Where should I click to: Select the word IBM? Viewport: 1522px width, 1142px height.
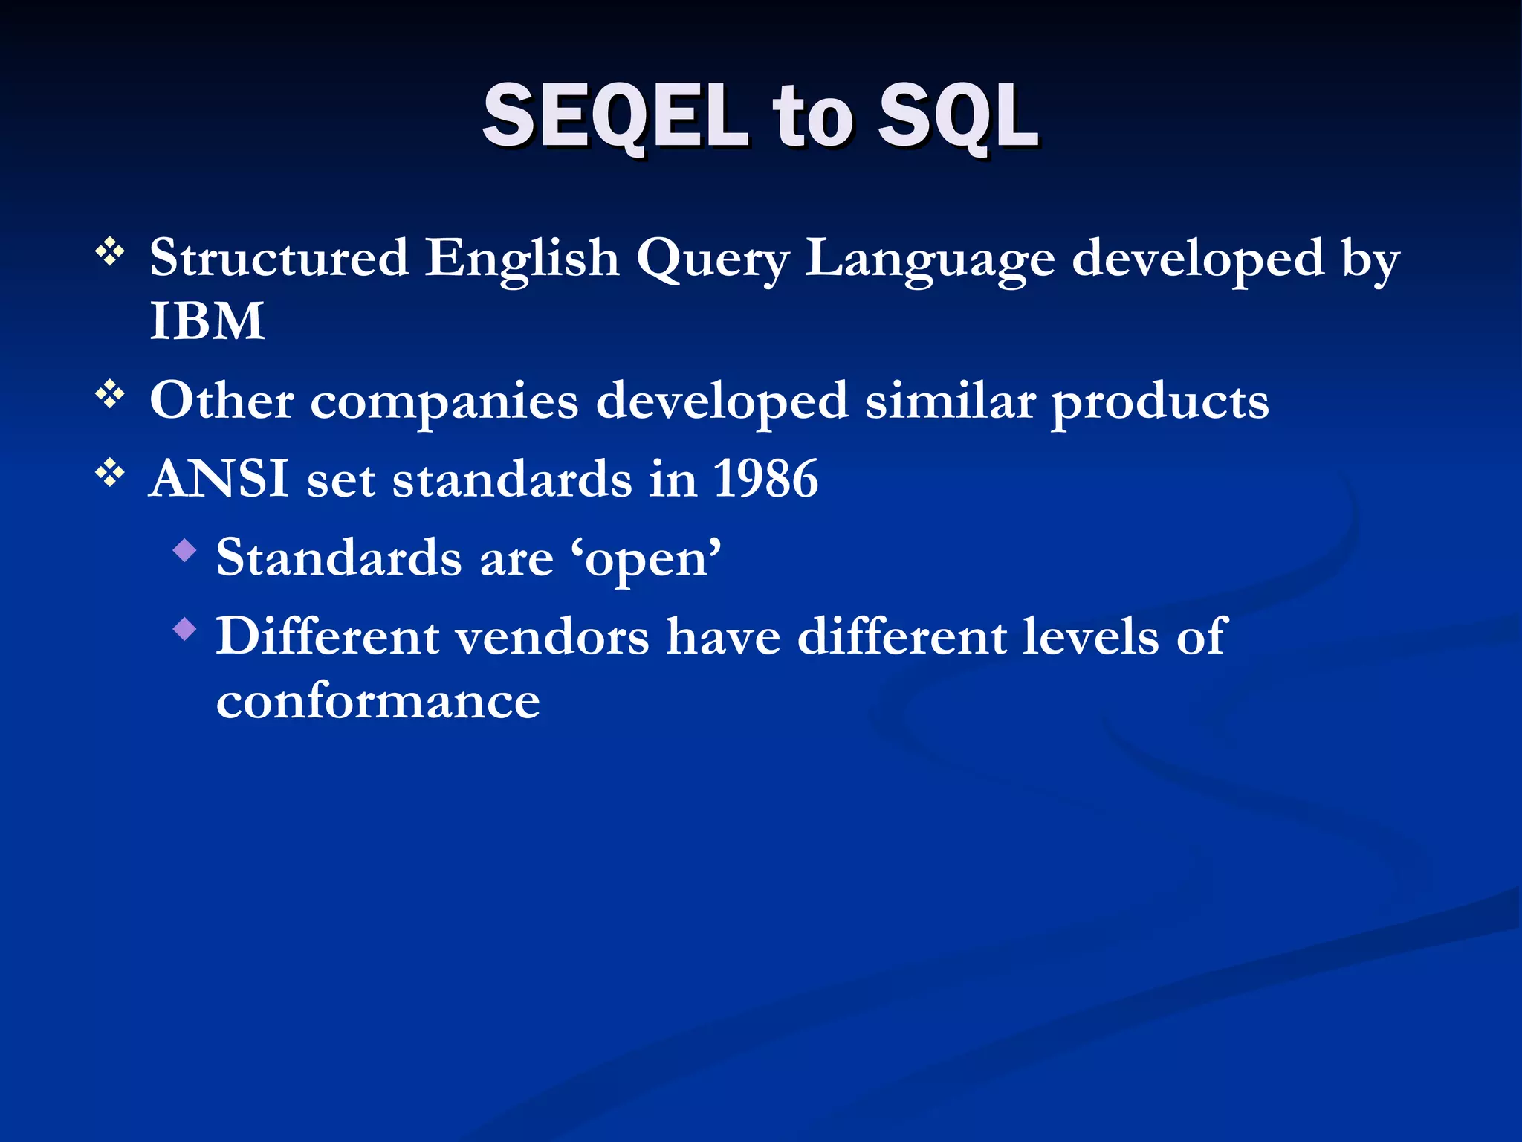coord(207,321)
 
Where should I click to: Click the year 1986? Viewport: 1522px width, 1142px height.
coord(765,478)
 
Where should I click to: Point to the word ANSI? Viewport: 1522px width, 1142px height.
coord(219,478)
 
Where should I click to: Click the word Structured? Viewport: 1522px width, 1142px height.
coord(279,258)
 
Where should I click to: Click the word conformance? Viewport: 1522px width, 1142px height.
coord(378,700)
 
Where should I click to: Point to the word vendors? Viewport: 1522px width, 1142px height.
coord(551,637)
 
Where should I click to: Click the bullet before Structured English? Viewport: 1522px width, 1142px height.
coord(110,252)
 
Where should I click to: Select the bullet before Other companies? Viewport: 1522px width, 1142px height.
coord(110,394)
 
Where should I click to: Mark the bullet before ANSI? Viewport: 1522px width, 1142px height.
coord(110,472)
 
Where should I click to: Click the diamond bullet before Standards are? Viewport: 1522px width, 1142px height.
coord(184,551)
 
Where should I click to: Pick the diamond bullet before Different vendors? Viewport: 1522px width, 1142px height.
coord(184,630)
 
